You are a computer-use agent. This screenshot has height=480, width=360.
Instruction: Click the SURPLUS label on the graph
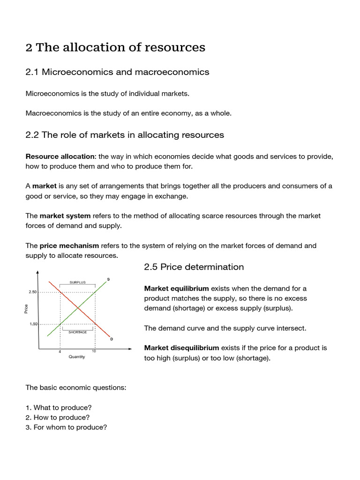[77, 282]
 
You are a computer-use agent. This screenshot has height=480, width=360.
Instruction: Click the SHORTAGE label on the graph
[77, 332]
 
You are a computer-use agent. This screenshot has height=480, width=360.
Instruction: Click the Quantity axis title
[77, 357]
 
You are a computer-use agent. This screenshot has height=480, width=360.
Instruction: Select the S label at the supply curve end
[108, 279]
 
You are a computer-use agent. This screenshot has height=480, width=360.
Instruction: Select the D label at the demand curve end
[111, 339]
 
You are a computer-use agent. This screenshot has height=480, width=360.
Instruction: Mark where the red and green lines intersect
[77, 308]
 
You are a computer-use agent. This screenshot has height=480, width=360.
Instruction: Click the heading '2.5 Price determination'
[194, 267]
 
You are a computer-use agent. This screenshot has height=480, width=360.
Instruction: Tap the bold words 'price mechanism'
[69, 246]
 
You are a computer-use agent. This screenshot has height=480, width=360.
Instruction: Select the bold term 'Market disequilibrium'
[181, 348]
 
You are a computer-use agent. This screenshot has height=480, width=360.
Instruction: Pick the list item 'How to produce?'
[61, 417]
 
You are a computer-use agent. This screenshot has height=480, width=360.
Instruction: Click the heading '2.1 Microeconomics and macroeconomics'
[117, 72]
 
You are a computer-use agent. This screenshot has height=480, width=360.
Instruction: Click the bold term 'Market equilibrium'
[176, 288]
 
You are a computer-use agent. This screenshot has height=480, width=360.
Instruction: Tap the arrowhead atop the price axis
[37, 273]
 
